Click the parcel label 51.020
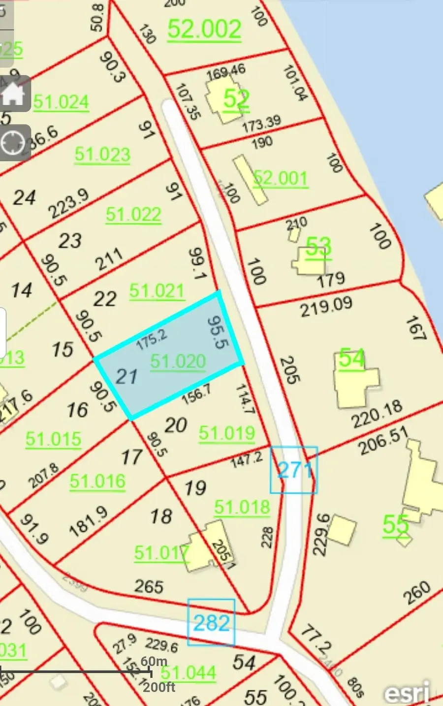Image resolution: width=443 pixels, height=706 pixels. [178, 362]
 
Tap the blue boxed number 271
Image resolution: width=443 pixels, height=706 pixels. [294, 470]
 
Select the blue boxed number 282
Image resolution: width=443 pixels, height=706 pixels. [211, 623]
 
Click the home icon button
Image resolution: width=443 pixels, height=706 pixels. [13, 94]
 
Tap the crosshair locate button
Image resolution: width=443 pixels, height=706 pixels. [13, 143]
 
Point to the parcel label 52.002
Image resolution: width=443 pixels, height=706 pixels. [204, 30]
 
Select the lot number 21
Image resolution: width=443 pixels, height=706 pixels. [126, 377]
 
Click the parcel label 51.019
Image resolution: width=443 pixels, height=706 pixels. [227, 433]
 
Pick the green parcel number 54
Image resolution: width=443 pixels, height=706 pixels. [351, 358]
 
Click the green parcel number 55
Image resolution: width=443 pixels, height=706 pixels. [395, 525]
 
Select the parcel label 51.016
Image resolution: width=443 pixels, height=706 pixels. [97, 481]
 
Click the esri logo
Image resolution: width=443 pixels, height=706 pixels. [407, 693]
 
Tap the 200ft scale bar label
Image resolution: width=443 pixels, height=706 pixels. [159, 687]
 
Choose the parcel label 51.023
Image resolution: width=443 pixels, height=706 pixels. [102, 155]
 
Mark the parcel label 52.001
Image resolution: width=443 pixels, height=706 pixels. [281, 178]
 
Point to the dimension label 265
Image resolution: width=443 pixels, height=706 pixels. [149, 586]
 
